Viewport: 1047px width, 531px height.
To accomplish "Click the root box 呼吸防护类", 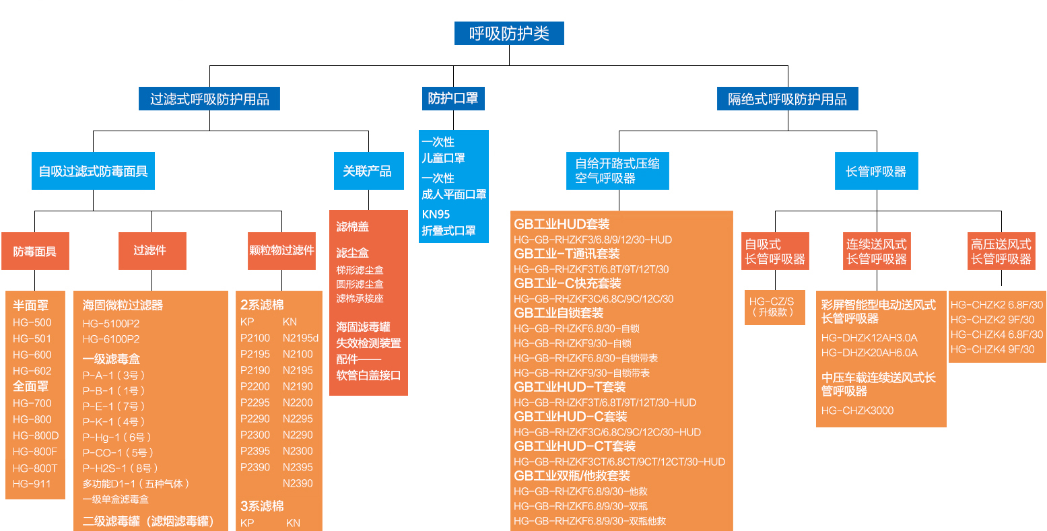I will [x=509, y=34].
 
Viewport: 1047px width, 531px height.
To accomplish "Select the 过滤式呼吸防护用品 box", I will [x=209, y=99].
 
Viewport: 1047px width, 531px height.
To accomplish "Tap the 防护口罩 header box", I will [x=453, y=98].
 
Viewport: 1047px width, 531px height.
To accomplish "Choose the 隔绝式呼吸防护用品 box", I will [x=787, y=99].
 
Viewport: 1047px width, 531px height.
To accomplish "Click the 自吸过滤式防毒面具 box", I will [x=93, y=171].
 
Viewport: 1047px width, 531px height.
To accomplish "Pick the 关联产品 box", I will [x=368, y=171].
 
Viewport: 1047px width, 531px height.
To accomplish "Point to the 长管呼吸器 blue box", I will [x=876, y=171].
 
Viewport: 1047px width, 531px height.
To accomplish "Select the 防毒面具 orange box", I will [x=35, y=251].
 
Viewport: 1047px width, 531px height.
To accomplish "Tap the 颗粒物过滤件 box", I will [x=281, y=250].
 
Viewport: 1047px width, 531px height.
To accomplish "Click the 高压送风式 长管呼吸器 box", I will [x=1001, y=251].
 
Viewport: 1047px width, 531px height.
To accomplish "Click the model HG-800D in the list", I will [x=36, y=435].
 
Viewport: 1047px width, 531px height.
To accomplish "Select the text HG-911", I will [x=32, y=484].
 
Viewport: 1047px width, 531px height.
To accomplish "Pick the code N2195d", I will [x=300, y=338].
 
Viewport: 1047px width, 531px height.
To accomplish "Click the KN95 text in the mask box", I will [x=436, y=214].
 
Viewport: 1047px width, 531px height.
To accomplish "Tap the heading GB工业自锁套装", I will [x=558, y=313].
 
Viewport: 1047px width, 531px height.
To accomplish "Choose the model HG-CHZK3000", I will [x=857, y=411].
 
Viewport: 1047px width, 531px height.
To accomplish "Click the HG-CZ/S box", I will [x=774, y=306].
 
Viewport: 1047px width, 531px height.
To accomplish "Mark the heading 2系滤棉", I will [x=262, y=305].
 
